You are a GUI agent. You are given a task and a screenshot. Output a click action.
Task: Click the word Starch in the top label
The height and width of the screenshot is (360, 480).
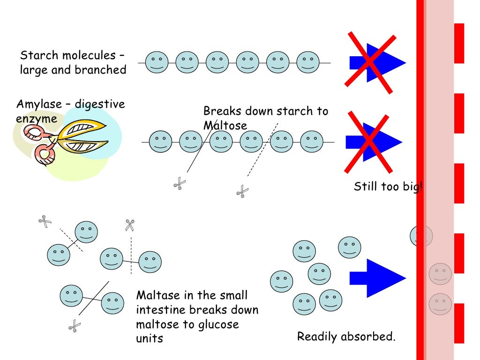[x=36, y=55]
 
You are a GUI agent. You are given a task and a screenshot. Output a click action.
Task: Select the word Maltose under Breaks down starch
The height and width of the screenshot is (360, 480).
[x=225, y=126]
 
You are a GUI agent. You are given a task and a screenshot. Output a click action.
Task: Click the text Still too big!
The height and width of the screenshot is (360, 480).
[x=388, y=187]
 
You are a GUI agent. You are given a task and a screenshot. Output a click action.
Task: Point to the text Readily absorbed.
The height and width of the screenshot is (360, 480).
[x=346, y=337]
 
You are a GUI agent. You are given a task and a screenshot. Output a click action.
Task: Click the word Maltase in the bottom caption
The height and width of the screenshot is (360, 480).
[x=157, y=295]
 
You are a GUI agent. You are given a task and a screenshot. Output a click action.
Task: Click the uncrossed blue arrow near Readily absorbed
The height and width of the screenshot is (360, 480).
[x=378, y=278]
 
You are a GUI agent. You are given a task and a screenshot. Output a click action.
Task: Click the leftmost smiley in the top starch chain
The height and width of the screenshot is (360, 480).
[x=157, y=62]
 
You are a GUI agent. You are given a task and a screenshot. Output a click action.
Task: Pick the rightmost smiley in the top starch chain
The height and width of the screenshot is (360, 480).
[x=308, y=62]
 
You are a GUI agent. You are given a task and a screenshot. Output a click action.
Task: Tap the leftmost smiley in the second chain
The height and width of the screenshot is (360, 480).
[x=160, y=142]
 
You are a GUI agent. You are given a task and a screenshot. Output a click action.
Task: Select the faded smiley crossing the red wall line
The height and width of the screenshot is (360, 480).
[x=421, y=235]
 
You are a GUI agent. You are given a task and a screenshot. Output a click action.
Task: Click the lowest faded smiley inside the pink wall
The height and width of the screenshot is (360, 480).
[x=440, y=304]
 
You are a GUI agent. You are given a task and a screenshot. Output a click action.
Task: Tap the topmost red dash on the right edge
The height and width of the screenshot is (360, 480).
[x=459, y=43]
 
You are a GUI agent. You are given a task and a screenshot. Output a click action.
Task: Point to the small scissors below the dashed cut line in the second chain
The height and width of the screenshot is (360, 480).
[x=242, y=191]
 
